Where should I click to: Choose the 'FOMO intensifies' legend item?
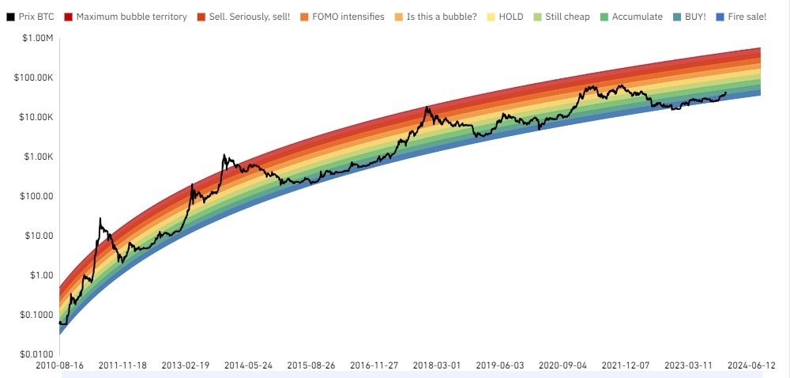[351, 17]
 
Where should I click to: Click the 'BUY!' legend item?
[695, 17]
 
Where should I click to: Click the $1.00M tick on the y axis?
[37, 39]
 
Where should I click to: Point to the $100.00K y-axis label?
[32, 78]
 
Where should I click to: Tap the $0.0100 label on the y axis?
[35, 354]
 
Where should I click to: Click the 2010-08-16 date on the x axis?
[59, 366]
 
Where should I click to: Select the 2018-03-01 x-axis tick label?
[436, 366]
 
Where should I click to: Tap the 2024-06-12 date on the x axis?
[752, 366]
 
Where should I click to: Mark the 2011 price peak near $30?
[100, 218]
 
